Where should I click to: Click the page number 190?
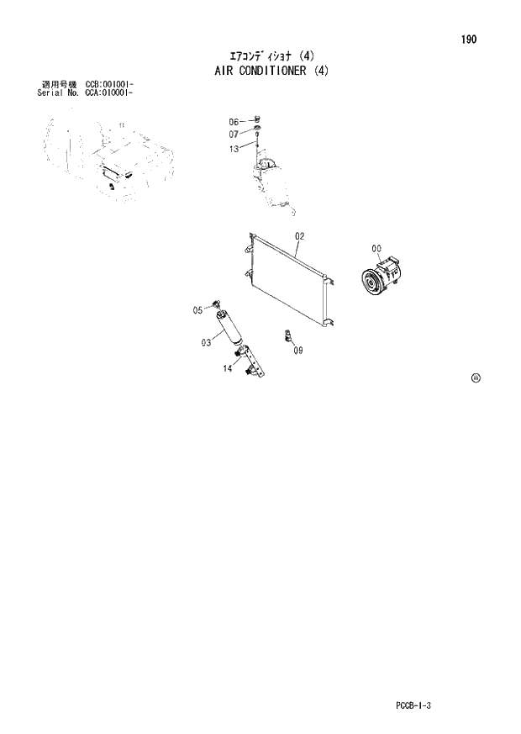468,40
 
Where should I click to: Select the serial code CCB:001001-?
109,85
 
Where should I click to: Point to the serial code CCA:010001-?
109,92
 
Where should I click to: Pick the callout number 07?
234,134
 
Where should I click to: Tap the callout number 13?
234,149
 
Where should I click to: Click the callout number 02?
299,236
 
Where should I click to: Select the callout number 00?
376,248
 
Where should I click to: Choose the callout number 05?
198,310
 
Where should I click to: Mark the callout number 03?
205,342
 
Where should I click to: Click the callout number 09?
297,351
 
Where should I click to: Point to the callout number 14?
227,368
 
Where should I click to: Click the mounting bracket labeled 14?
252,360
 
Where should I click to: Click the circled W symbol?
476,378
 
